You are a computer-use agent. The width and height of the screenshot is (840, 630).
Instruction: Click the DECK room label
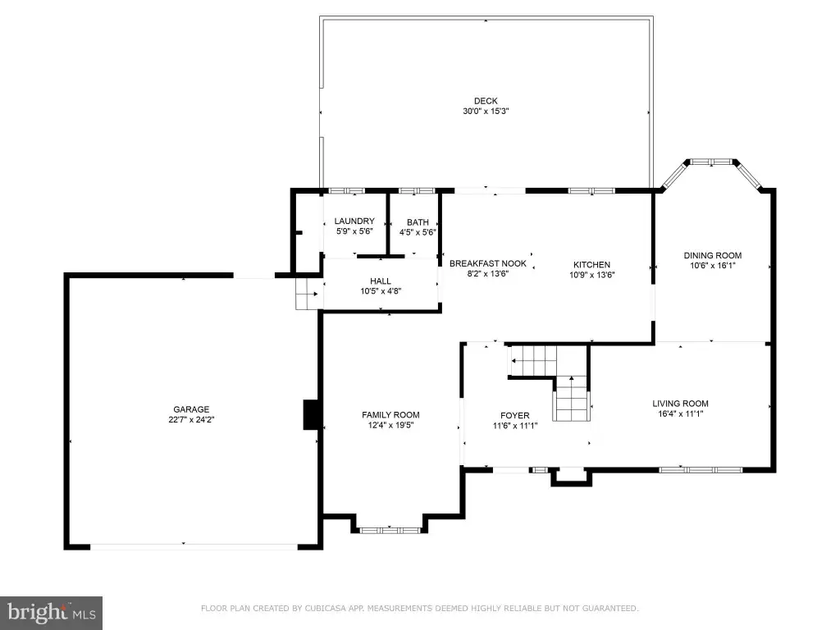tap(486, 101)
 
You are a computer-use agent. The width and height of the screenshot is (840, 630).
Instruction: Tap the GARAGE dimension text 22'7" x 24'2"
tap(191, 420)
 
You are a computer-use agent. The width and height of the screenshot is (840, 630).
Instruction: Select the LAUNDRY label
tap(354, 221)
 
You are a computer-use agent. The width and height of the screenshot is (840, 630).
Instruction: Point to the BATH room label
tap(418, 221)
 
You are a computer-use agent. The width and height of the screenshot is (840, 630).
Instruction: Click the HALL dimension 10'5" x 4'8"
tap(381, 291)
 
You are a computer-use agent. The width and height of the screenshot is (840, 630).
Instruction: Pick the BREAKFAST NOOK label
tap(487, 263)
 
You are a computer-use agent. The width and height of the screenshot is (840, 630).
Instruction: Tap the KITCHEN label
tap(591, 264)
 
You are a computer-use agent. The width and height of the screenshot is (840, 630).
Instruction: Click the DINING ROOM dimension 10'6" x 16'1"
tap(713, 266)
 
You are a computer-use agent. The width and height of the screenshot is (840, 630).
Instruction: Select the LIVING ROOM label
tap(680, 404)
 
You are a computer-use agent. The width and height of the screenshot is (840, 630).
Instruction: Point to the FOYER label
tap(514, 415)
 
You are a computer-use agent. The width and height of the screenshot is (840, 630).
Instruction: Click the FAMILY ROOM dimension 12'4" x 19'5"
tap(390, 426)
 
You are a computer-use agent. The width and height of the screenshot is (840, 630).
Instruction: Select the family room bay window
tap(389, 531)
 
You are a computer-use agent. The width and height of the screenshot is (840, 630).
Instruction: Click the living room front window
tap(701, 470)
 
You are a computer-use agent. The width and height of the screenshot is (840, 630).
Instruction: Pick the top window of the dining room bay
tap(711, 162)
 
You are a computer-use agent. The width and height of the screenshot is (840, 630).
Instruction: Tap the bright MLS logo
tap(51, 613)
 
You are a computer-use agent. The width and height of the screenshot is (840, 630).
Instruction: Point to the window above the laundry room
tap(346, 190)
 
